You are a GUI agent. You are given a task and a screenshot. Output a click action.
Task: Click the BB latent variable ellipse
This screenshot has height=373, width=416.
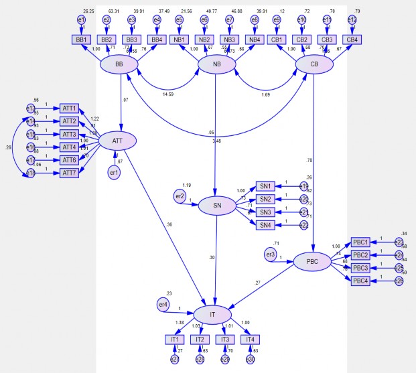(x=119, y=64)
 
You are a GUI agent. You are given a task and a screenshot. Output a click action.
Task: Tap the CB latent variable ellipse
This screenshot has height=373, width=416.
(x=315, y=64)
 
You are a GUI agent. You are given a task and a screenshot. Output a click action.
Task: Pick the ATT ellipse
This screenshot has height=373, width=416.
(x=117, y=141)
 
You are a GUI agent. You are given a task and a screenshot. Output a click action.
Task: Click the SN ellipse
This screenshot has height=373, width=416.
(x=216, y=206)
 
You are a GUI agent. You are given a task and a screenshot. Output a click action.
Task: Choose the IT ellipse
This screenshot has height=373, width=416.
(x=212, y=313)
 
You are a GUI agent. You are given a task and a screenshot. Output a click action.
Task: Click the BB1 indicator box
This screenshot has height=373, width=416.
(x=82, y=40)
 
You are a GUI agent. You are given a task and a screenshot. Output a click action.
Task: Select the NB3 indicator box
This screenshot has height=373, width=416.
(x=229, y=40)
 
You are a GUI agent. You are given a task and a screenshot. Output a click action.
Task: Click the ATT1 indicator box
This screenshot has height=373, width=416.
(x=70, y=108)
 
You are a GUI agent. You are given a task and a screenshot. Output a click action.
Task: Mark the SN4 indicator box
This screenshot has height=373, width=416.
(x=265, y=224)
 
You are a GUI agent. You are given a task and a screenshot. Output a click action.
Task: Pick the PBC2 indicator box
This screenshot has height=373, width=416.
(x=360, y=255)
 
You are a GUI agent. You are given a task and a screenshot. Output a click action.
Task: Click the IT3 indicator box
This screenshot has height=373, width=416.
(x=224, y=340)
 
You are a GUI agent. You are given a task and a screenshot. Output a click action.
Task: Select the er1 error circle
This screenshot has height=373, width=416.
(x=115, y=173)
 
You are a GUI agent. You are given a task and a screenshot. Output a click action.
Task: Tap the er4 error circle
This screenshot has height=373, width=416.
(x=163, y=305)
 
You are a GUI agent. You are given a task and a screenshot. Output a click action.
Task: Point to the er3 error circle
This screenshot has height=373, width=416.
(x=271, y=254)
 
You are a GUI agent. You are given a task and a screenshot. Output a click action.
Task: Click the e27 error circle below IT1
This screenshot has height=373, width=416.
(x=175, y=360)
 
